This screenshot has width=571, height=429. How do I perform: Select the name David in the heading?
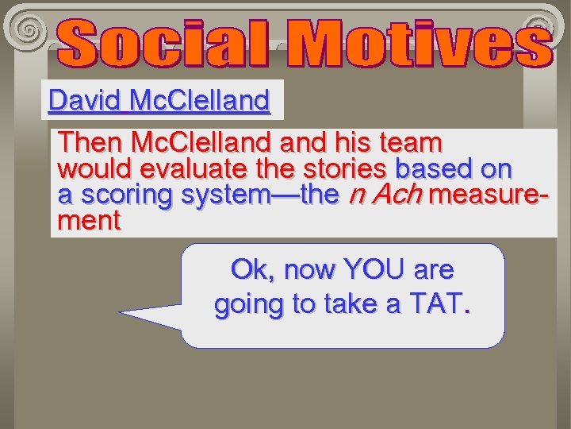pos(83,101)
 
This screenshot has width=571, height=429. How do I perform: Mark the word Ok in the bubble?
pos(248,270)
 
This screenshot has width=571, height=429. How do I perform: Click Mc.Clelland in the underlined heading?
pos(199,101)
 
